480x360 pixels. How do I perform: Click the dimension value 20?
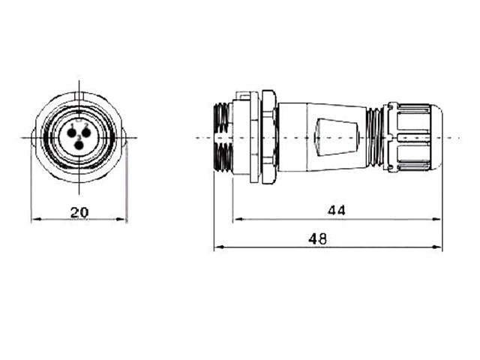[79, 212]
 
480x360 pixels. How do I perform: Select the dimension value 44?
[337, 211]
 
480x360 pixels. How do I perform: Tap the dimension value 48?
[317, 238]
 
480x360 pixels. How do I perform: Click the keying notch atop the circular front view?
[79, 96]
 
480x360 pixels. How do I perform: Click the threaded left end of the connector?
[223, 138]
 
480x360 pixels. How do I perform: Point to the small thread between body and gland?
[373, 138]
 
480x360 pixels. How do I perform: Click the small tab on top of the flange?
[242, 95]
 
